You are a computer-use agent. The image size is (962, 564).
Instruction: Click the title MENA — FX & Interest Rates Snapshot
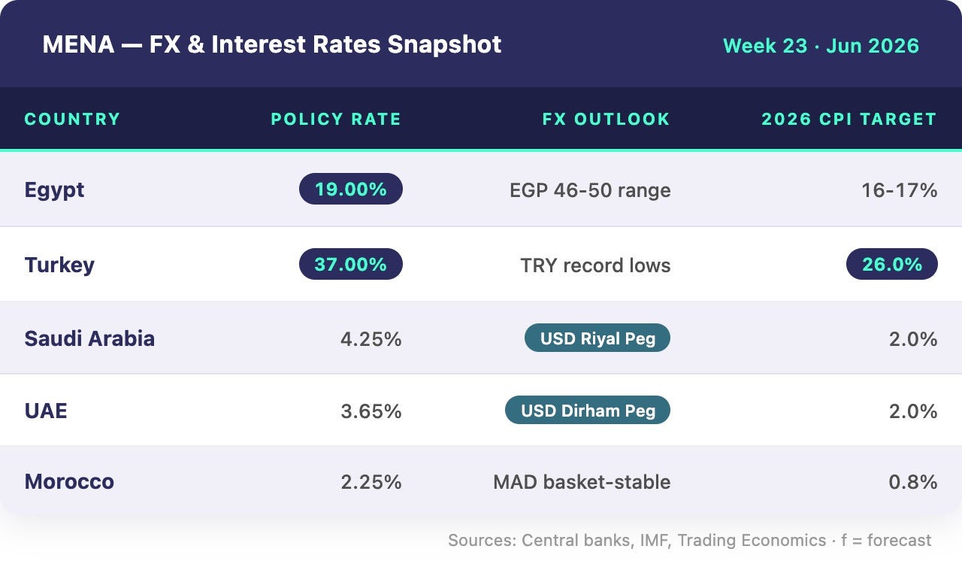(272, 44)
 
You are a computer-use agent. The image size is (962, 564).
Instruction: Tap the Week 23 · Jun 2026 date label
(821, 46)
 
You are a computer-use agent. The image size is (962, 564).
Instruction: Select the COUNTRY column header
(72, 119)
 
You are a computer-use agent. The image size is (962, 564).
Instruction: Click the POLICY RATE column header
(336, 119)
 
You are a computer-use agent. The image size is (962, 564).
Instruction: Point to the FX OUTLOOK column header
(606, 119)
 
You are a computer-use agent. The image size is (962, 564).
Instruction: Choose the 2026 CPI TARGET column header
(849, 119)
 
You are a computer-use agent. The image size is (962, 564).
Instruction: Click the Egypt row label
(54, 190)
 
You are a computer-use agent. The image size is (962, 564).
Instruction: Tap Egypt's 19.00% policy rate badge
(351, 189)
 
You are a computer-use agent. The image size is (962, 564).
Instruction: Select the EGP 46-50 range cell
(590, 190)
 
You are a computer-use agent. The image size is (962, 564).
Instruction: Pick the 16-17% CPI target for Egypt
(900, 190)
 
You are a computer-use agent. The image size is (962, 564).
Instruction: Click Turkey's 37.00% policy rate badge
(351, 264)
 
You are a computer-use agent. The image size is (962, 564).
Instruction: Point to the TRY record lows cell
(595, 265)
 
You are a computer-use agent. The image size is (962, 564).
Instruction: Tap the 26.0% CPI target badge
(892, 264)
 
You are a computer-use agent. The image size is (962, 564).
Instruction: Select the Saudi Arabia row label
(89, 338)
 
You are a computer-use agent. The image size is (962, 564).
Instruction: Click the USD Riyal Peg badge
(597, 338)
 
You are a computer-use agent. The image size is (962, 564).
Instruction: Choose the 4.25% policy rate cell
(371, 339)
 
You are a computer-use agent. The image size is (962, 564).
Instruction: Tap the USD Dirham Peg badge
(588, 410)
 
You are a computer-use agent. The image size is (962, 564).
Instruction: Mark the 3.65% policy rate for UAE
(371, 411)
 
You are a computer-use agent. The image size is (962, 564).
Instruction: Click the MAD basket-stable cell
(582, 482)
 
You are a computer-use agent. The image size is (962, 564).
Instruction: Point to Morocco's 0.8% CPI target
(913, 482)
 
